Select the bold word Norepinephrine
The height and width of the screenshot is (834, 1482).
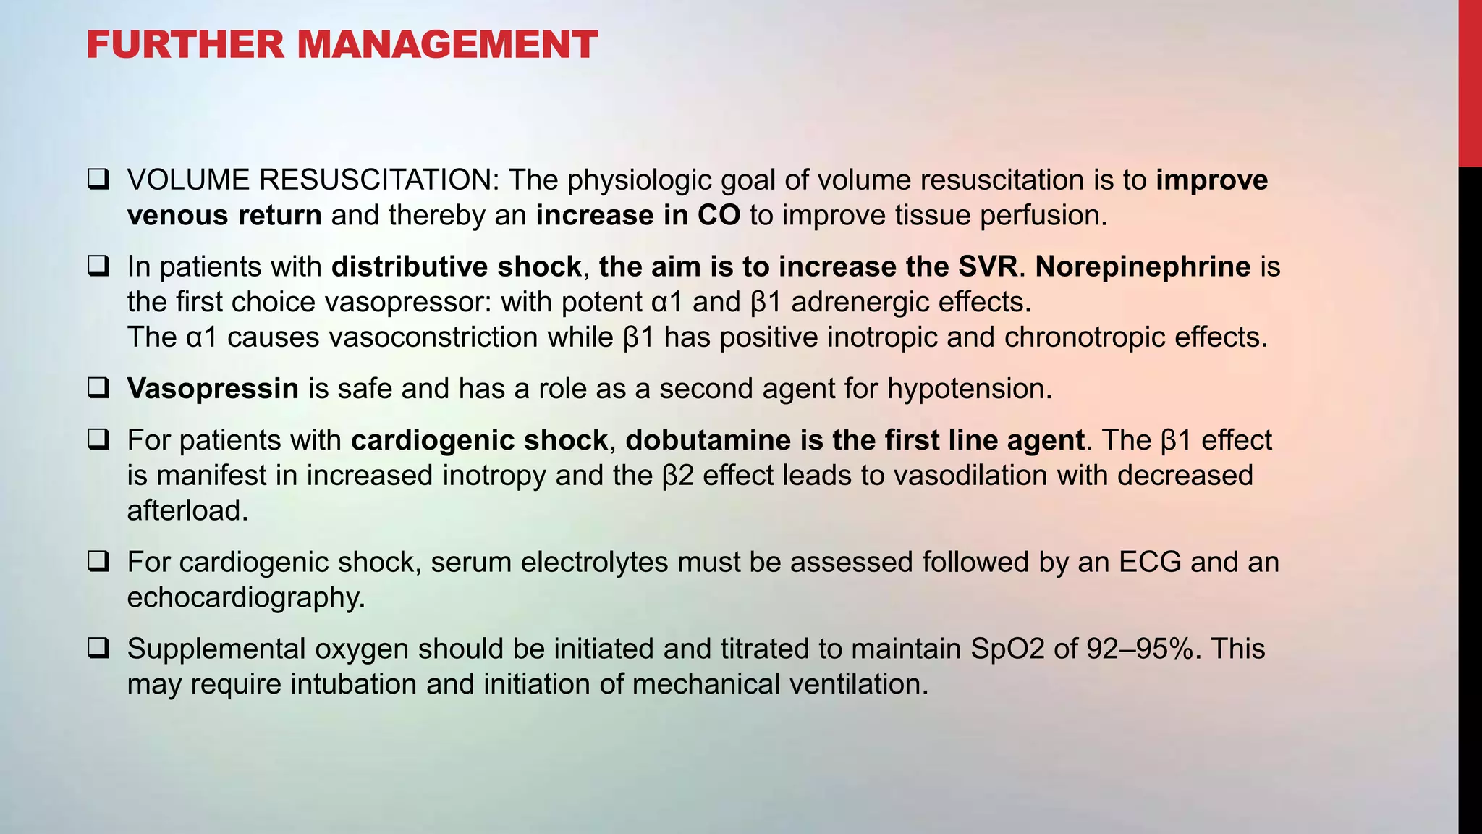(x=1143, y=266)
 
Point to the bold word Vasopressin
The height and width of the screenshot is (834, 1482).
(x=213, y=389)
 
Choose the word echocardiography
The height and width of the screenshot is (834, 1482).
(x=246, y=597)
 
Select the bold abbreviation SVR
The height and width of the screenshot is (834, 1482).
(x=988, y=266)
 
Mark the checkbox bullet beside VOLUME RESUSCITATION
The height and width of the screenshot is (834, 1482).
(x=98, y=180)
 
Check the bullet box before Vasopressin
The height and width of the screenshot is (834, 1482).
(x=98, y=388)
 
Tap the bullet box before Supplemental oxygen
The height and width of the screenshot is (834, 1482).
(x=98, y=648)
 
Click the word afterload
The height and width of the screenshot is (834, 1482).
(x=187, y=511)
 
